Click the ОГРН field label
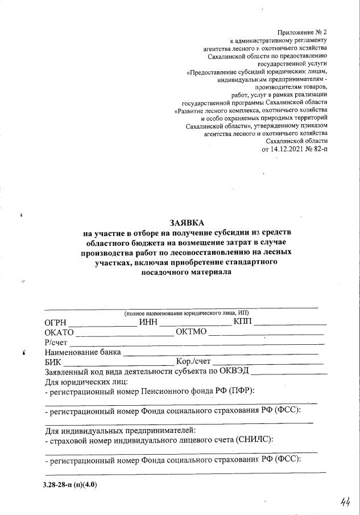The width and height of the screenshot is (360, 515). click(x=55, y=323)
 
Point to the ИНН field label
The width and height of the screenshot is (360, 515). click(x=148, y=323)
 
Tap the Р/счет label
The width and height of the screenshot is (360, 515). click(x=56, y=342)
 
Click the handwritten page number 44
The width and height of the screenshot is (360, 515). click(x=344, y=501)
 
